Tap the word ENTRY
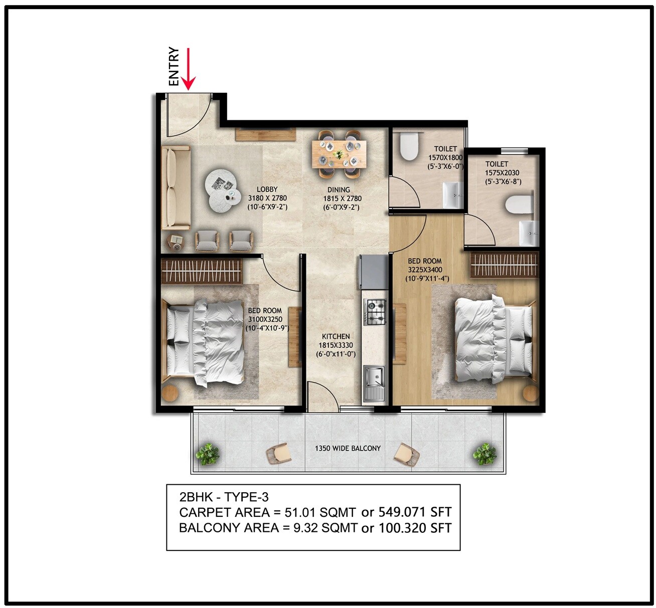pyautogui.click(x=174, y=67)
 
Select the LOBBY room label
pyautogui.click(x=267, y=189)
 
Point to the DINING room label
pyautogui.click(x=339, y=190)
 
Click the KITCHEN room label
pyautogui.click(x=336, y=336)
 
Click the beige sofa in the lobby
pyautogui.click(x=175, y=188)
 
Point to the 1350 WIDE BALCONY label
pyautogui.click(x=348, y=448)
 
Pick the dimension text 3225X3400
pyautogui.click(x=425, y=270)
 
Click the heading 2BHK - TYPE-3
pyautogui.click(x=224, y=497)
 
